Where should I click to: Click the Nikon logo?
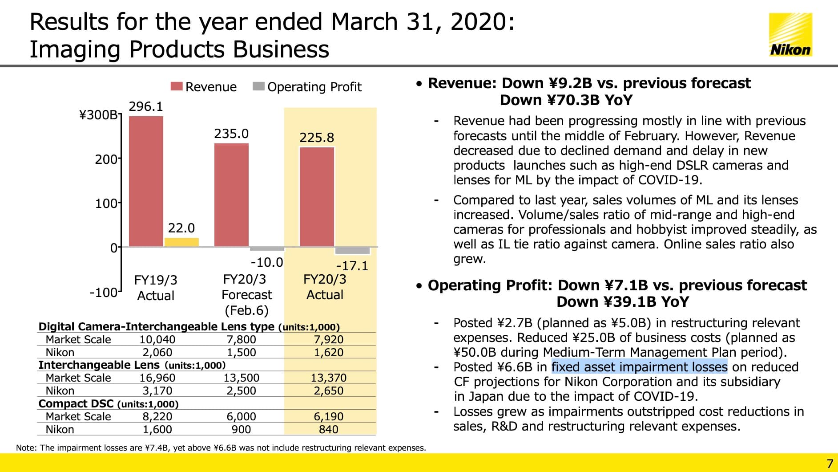(790, 35)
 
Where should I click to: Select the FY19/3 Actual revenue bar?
(146, 181)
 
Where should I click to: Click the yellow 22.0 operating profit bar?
(181, 242)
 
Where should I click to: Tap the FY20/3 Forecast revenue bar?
(231, 195)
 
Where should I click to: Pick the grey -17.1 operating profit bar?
(352, 250)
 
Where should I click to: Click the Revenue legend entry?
(204, 87)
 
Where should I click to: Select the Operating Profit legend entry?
(307, 87)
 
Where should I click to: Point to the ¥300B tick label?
(98, 115)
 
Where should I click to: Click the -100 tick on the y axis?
(103, 293)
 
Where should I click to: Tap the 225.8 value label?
(316, 138)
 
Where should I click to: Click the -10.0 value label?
(266, 262)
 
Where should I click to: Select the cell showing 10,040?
(157, 339)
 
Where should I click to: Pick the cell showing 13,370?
(328, 378)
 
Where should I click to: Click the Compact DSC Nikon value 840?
(328, 429)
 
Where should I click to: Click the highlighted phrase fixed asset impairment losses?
(639, 367)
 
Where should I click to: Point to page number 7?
(830, 463)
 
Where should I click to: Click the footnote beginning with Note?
(221, 448)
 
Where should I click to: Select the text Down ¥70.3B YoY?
(566, 100)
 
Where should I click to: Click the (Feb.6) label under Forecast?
(246, 310)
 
